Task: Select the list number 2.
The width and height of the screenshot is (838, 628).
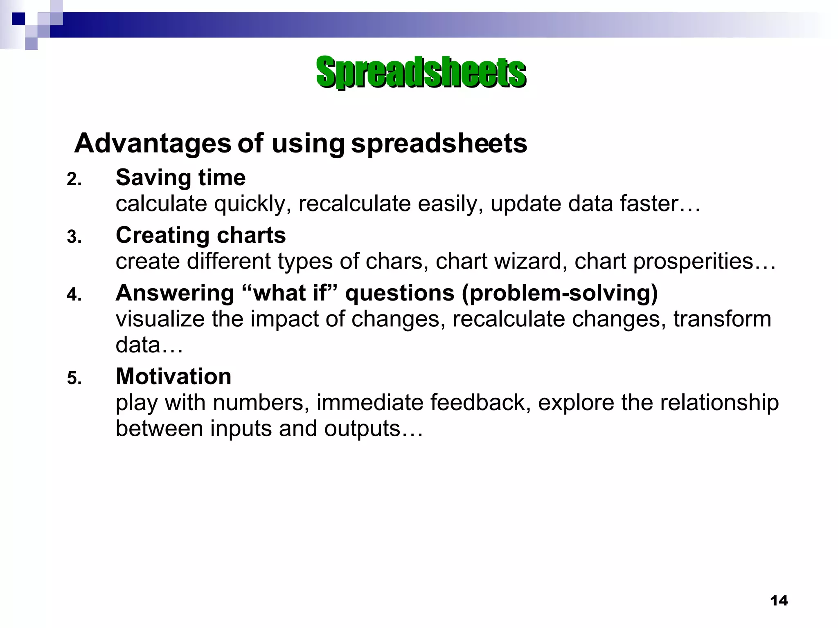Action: [74, 179]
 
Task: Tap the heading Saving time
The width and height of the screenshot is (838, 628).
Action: [180, 178]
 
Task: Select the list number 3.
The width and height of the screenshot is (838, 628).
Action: [74, 237]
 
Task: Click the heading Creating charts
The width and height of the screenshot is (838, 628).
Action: [200, 235]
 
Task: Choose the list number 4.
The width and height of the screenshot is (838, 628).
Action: [74, 295]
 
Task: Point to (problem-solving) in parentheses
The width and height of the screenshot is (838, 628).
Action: [559, 294]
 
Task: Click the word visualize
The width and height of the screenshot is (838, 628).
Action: [160, 319]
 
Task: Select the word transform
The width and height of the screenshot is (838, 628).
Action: [722, 319]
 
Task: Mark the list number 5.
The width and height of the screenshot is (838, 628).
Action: [74, 378]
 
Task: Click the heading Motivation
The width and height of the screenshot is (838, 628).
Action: [173, 377]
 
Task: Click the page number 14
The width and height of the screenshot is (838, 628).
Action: [779, 601]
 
